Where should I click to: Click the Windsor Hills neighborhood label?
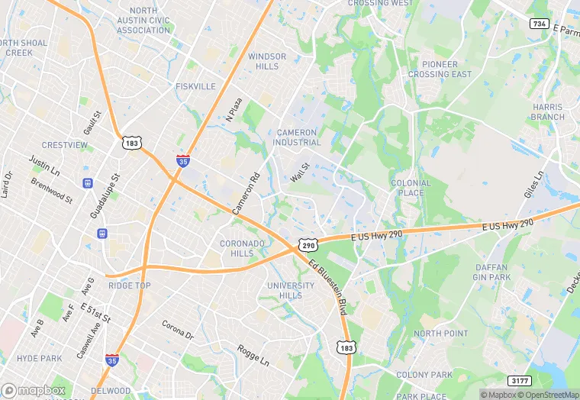tap(267, 61)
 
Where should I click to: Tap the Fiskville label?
tap(195, 87)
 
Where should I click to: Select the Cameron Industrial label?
tap(298, 137)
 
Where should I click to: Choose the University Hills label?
tap(290, 291)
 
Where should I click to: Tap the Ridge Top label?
tap(129, 285)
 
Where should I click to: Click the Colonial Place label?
tap(411, 188)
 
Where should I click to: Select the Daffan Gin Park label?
tap(491, 272)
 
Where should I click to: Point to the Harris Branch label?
tap(548, 112)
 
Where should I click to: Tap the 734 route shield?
tap(539, 24)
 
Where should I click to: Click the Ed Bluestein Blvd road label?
tap(328, 285)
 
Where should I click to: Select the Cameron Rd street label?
tap(246, 193)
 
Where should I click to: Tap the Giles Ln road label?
tap(539, 183)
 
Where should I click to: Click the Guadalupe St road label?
tap(106, 196)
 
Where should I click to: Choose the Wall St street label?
tap(299, 173)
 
